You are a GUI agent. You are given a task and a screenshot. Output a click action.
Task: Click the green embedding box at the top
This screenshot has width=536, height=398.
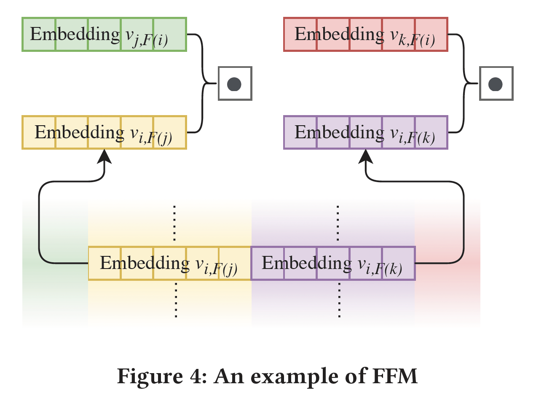tap(104, 34)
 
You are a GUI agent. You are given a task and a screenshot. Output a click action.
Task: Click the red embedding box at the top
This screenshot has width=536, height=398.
tap(365, 34)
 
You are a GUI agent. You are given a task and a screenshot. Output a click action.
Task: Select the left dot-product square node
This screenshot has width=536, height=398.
tap(235, 83)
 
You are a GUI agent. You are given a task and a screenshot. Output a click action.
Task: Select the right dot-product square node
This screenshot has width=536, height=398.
tap(496, 83)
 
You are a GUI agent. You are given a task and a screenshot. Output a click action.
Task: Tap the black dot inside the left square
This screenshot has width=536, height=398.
tap(234, 84)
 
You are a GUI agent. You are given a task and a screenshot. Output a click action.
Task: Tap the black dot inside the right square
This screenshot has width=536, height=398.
tap(496, 84)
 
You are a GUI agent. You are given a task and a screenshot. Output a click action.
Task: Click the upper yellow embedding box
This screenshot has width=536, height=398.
tap(104, 132)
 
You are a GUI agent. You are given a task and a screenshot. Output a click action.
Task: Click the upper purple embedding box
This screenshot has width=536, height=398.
tap(365, 132)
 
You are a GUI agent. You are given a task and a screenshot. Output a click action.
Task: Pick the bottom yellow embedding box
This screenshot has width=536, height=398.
tap(169, 264)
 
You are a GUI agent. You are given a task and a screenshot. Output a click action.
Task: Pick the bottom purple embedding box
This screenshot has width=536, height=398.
tap(333, 264)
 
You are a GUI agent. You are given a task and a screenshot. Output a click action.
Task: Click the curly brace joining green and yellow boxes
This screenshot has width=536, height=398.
tap(204, 83)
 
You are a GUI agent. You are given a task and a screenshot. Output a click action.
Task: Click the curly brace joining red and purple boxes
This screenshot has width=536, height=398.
tap(465, 83)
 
